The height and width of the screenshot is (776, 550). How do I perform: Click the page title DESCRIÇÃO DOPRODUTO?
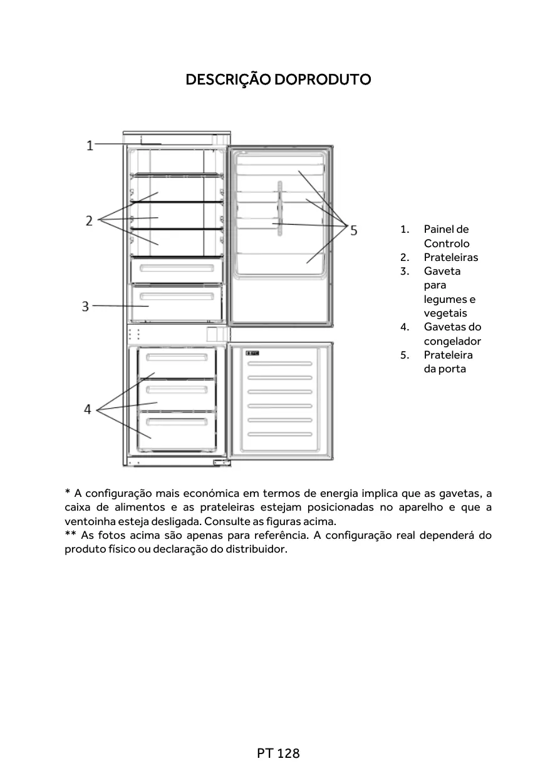[278, 80]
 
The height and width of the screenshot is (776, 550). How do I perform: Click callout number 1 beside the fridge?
[90, 146]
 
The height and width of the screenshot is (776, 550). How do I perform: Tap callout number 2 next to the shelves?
[89, 220]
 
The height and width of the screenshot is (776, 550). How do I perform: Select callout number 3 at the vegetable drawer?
[85, 307]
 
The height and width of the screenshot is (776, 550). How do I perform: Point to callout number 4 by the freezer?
[88, 409]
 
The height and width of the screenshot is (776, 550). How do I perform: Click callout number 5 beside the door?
[354, 230]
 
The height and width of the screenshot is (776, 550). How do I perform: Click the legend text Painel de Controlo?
[446, 237]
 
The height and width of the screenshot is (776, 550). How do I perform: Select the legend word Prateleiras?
[450, 257]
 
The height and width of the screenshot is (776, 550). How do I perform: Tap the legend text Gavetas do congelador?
[452, 334]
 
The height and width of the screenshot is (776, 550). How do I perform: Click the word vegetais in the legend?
[445, 313]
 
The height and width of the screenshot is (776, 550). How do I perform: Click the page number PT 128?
[278, 753]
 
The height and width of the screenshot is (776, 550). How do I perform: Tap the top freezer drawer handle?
[177, 357]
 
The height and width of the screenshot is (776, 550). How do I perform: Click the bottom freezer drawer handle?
[177, 417]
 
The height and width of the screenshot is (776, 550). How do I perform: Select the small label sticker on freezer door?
[252, 354]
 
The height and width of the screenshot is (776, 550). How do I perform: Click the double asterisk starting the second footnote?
[71, 535]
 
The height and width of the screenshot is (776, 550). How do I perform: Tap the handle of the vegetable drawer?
[177, 296]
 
